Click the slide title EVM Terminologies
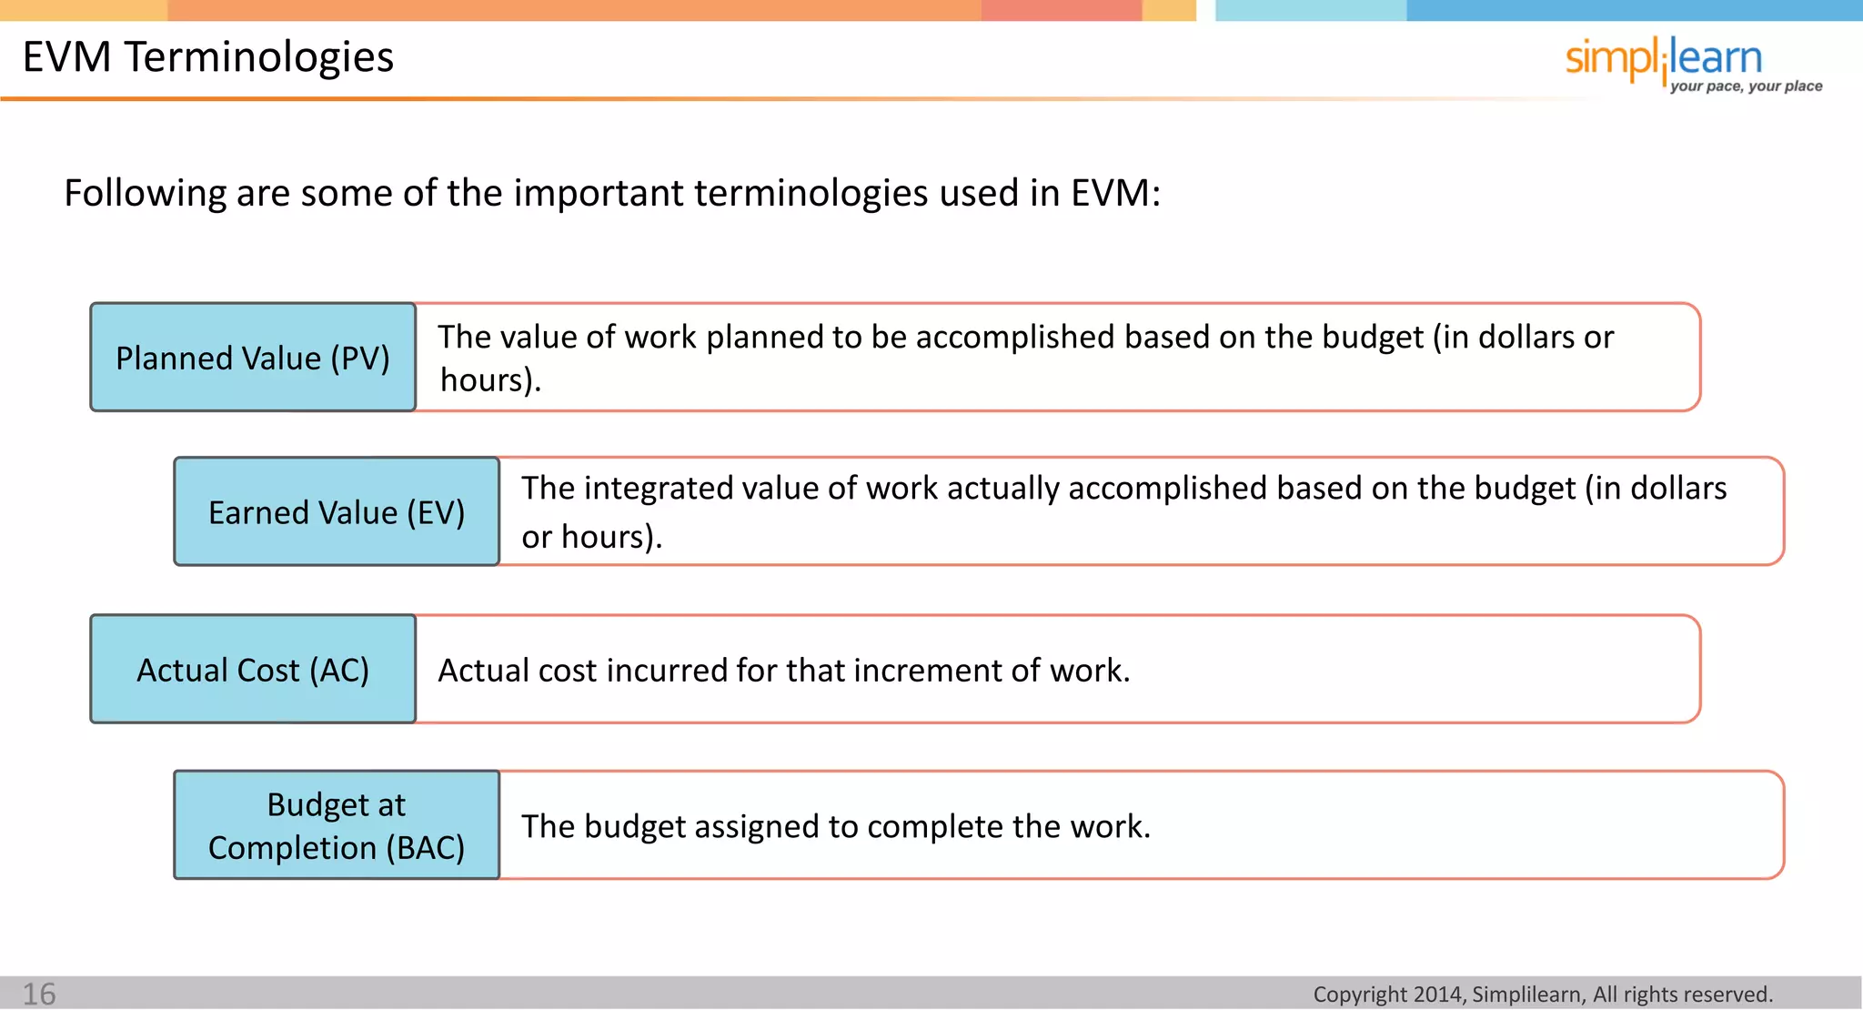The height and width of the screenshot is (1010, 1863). coord(207,56)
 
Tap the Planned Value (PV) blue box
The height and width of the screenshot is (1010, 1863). coord(253,358)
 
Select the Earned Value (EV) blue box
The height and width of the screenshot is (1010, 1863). coord(337,512)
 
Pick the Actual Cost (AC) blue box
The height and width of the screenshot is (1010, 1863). coord(253,670)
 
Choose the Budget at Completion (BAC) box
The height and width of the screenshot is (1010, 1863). coord(337,825)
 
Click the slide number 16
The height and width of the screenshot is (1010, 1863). coord(39,994)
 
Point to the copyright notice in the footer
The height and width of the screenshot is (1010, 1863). coord(1543,995)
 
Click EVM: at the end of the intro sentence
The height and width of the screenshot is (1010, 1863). coord(1114,193)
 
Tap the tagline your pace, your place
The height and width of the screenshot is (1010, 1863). coord(1746,86)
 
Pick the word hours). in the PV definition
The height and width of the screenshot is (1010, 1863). coord(490,380)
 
